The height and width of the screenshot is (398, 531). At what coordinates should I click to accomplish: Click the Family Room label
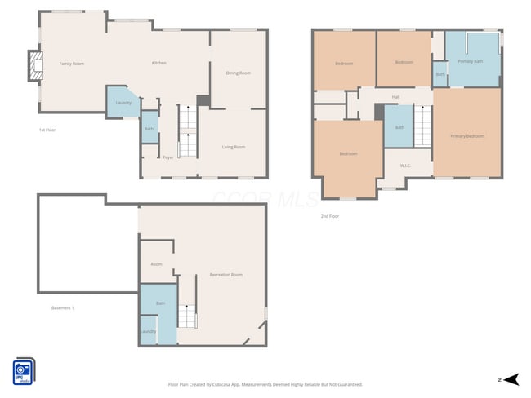(72, 64)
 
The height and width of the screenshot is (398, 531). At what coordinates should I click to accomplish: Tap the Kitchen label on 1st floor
(159, 64)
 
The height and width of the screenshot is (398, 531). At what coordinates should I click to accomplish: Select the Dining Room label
(238, 73)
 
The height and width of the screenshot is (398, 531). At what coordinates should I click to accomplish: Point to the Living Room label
(234, 147)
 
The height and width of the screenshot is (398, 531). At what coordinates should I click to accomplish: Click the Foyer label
(167, 157)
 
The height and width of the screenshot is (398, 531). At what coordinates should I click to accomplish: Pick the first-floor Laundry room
(123, 103)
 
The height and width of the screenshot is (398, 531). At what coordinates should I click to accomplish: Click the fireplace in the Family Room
(35, 67)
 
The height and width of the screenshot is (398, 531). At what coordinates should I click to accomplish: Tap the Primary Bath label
(471, 61)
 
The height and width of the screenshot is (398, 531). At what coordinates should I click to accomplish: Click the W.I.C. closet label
(405, 166)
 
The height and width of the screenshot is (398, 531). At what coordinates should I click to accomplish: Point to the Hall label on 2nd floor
(395, 97)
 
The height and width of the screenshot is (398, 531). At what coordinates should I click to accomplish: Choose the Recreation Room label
(225, 275)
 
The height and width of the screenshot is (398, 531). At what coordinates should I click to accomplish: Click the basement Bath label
(161, 303)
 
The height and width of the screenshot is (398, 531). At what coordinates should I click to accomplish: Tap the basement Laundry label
(148, 331)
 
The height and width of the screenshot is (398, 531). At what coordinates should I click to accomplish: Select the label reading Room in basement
(156, 264)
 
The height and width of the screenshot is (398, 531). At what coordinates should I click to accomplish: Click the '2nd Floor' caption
(329, 216)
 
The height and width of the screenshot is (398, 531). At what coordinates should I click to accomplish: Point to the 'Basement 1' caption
(63, 307)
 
